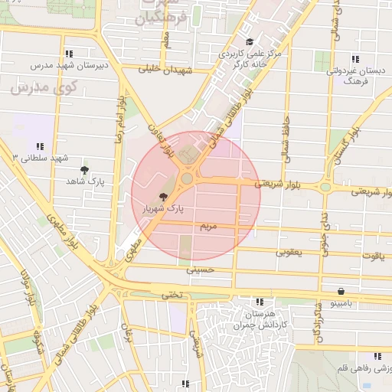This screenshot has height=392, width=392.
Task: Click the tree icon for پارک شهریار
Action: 163,197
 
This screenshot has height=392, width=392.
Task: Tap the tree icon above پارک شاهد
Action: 84,170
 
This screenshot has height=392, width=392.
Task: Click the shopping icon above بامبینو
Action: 340,292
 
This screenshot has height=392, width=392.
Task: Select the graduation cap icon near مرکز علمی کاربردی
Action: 249,43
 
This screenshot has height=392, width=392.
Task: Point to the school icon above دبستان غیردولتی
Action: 354,59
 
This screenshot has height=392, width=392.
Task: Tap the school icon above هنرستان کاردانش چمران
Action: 260,302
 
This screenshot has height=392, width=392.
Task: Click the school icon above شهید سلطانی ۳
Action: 40,145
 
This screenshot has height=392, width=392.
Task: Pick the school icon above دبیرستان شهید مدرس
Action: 70,54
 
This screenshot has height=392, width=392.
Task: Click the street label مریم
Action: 208,227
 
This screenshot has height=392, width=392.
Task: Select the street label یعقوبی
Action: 289,251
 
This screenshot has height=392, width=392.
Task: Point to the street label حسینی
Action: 198,269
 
